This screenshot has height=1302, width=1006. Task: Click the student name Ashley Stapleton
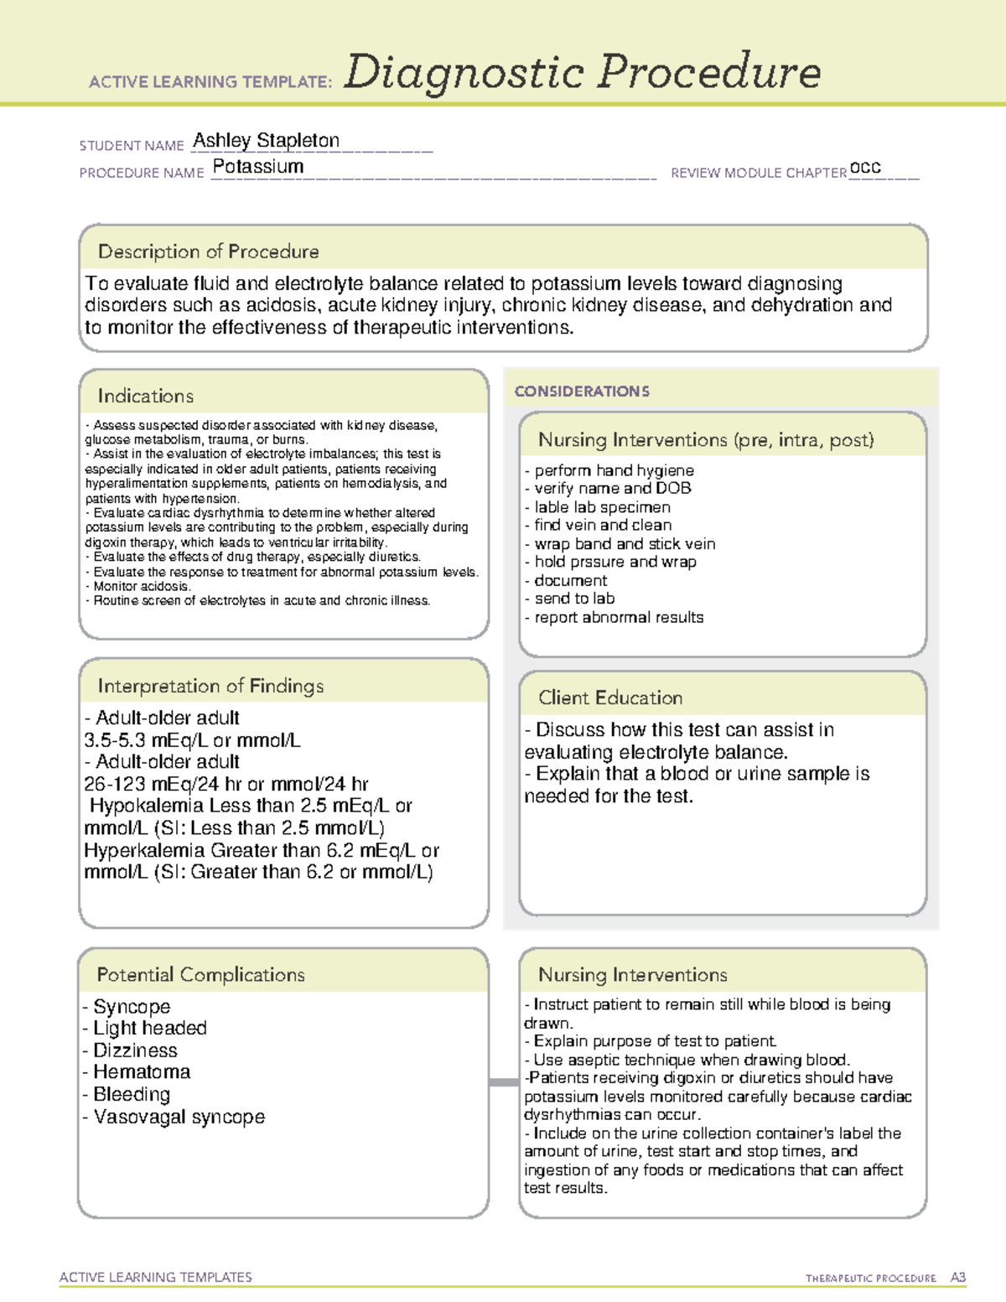click(266, 141)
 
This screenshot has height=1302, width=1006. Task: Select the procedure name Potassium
click(258, 167)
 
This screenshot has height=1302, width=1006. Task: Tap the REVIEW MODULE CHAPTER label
click(758, 173)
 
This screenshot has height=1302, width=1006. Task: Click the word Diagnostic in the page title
click(464, 72)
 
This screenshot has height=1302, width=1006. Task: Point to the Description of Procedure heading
click(208, 252)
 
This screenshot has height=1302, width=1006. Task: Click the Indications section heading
click(145, 396)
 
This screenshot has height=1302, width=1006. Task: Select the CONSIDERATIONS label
click(582, 392)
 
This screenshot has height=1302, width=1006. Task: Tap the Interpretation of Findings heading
click(210, 686)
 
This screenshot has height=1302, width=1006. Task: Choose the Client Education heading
click(609, 698)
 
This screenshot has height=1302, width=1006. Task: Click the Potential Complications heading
click(200, 974)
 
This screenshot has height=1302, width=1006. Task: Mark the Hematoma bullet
click(141, 1072)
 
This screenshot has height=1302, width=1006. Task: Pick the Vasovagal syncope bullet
click(179, 1117)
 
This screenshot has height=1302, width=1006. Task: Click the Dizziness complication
click(135, 1050)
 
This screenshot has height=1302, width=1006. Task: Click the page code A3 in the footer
click(957, 1278)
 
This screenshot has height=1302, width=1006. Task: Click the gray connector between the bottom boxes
click(504, 1082)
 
